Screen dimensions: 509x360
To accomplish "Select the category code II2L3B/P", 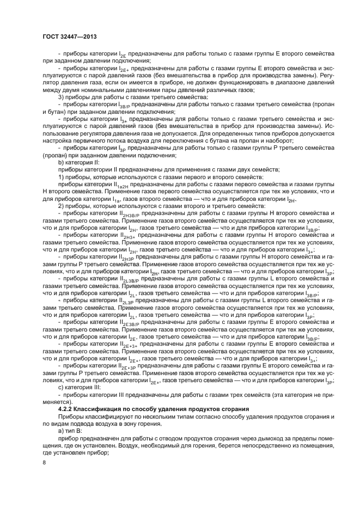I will pos(130,278).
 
